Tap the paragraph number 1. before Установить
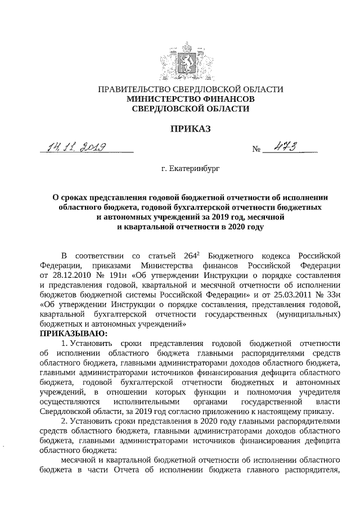click(x=64, y=344)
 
